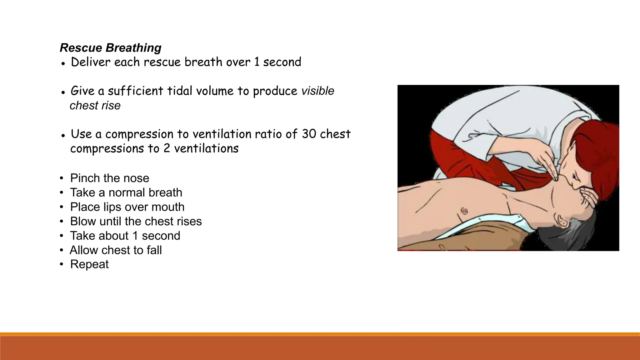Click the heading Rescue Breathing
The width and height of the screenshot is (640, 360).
(110, 48)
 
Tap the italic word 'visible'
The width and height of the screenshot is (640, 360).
(317, 91)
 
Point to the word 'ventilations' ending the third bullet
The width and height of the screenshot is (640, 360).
(206, 148)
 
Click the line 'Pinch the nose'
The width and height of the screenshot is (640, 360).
(109, 178)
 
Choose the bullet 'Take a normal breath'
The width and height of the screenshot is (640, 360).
(126, 192)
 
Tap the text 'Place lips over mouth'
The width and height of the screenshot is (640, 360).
(127, 207)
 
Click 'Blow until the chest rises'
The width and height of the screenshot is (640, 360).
(136, 221)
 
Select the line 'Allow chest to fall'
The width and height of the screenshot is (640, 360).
(116, 250)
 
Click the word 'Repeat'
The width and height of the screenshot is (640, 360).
(89, 264)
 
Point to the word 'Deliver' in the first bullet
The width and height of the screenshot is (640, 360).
(91, 62)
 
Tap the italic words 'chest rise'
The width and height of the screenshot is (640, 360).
(95, 106)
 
